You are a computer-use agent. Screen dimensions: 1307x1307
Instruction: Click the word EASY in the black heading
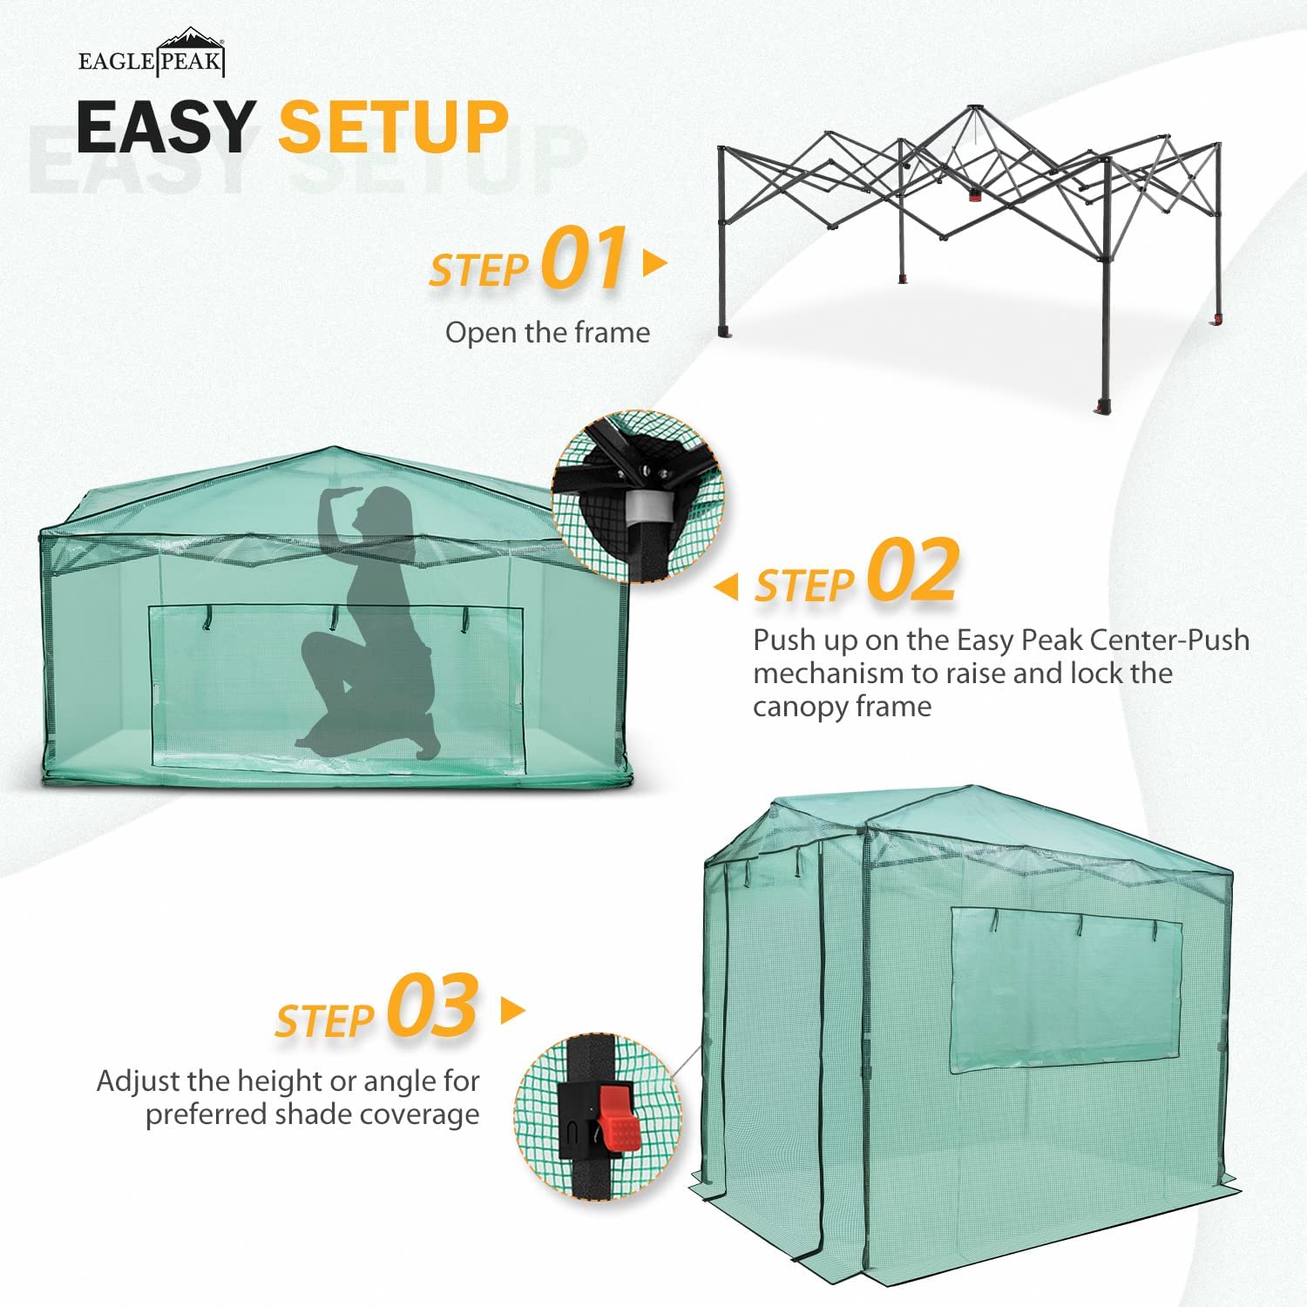pyautogui.click(x=166, y=127)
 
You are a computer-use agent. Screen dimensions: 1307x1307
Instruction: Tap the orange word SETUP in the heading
pyautogui.click(x=393, y=127)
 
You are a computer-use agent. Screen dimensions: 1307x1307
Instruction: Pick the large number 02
pyautogui.click(x=913, y=571)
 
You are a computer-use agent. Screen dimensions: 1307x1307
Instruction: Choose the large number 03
pyautogui.click(x=432, y=1007)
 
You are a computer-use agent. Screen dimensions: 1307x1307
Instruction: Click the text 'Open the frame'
pyautogui.click(x=547, y=333)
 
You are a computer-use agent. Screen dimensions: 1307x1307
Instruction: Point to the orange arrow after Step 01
pyautogui.click(x=654, y=262)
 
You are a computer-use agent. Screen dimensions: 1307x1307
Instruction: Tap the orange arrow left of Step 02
pyautogui.click(x=726, y=586)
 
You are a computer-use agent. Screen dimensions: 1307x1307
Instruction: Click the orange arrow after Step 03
pyautogui.click(x=513, y=1011)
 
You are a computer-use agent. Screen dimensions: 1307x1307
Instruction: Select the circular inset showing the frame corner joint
pyautogui.click(x=637, y=495)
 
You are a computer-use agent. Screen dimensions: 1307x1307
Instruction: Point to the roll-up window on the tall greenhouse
pyautogui.click(x=1065, y=989)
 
